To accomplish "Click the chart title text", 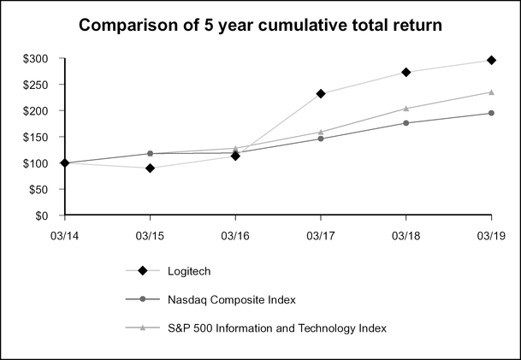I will [x=260, y=26].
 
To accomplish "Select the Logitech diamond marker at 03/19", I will [x=491, y=60].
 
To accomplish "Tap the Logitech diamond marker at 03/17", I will [x=321, y=93].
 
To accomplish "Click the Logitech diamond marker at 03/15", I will [x=151, y=168].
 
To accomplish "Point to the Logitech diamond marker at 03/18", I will [x=406, y=72].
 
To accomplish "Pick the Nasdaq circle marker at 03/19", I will [x=491, y=113].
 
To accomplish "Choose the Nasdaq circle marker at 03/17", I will [x=321, y=139].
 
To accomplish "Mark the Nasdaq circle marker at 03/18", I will [x=406, y=123].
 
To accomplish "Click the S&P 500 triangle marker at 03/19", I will [x=491, y=91].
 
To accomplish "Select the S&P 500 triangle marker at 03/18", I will [x=406, y=109].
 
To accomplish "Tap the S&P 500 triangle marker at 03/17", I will [x=321, y=132].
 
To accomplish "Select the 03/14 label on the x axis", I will [x=65, y=233].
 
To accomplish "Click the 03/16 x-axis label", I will [x=235, y=233].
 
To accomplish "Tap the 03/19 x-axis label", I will [x=491, y=233].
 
